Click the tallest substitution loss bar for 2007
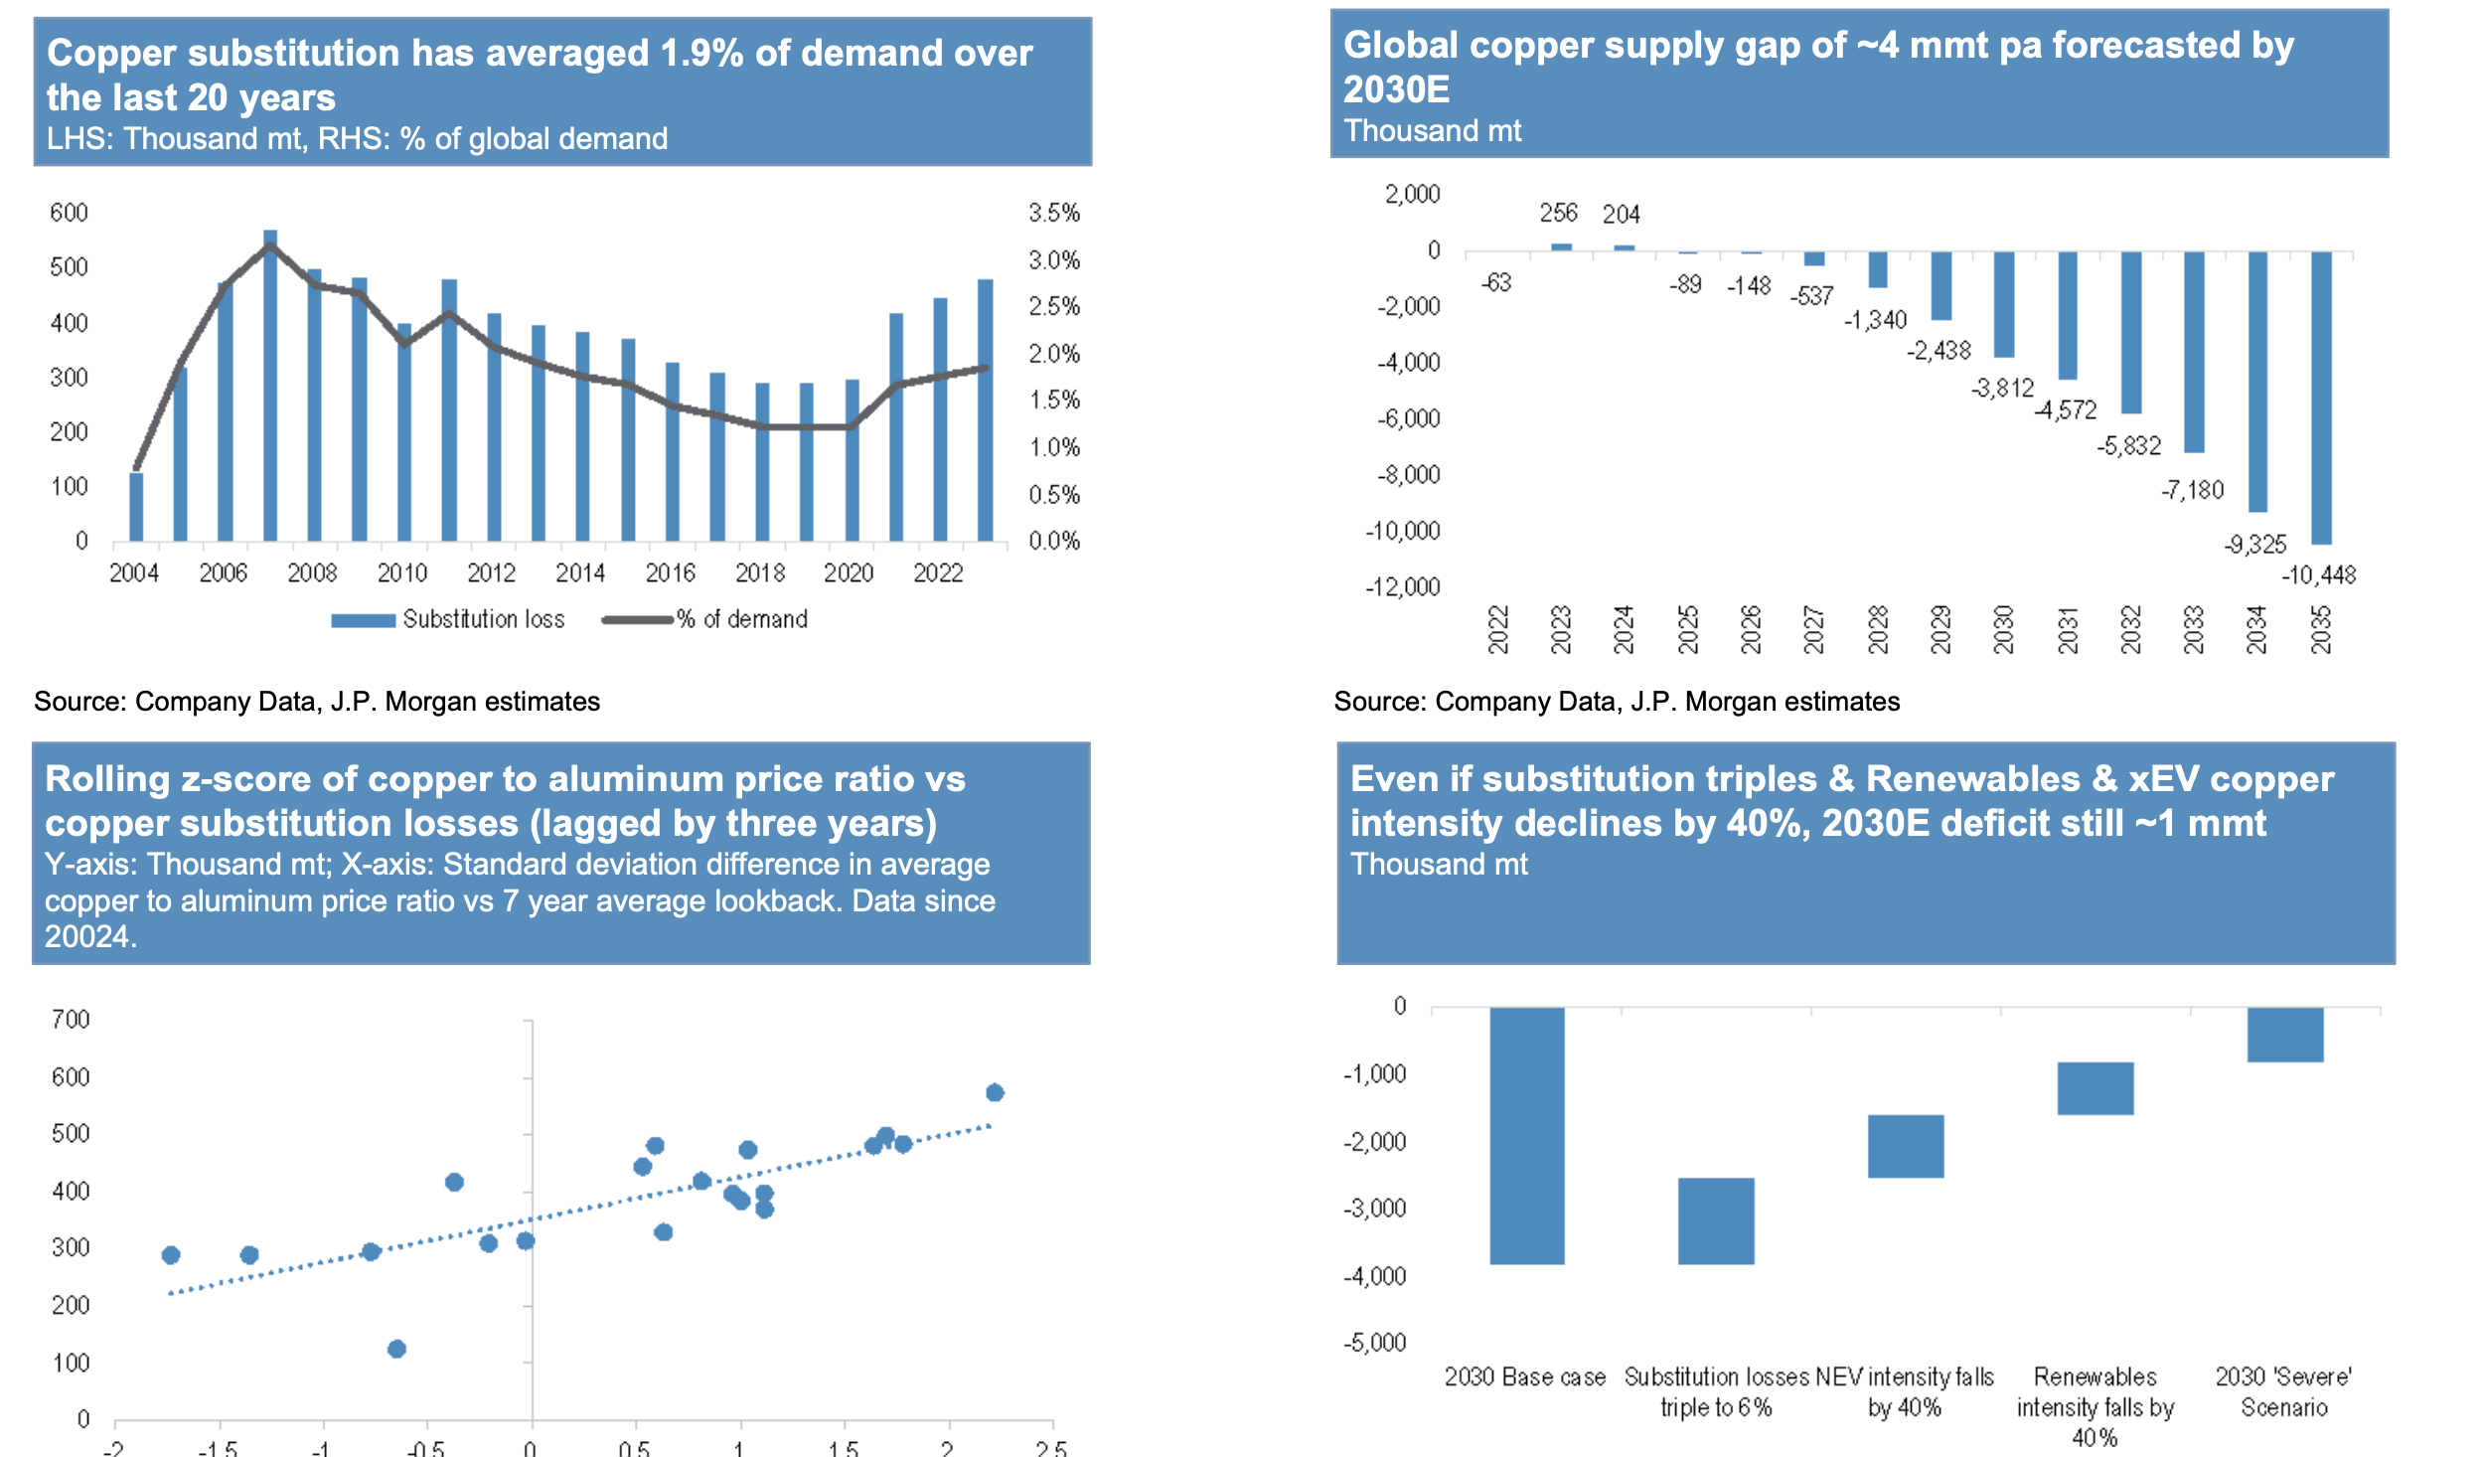tap(270, 388)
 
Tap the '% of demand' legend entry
tap(705, 620)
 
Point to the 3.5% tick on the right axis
tap(1053, 213)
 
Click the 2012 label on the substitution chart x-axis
tap(492, 573)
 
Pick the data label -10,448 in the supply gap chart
tap(2318, 575)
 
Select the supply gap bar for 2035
tap(2321, 398)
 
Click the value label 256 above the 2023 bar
tap(1558, 213)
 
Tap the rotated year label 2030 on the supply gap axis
tap(2004, 629)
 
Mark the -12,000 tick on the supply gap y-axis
tap(1402, 587)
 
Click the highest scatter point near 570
tap(995, 1092)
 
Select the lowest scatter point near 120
tap(396, 1349)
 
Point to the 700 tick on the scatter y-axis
tap(71, 1020)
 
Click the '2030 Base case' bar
tap(1527, 1136)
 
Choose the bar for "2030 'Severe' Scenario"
tap(2285, 1035)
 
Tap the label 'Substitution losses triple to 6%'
tap(1716, 1391)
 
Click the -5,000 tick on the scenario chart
tap(1375, 1344)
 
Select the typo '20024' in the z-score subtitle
tap(86, 936)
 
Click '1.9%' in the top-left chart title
tap(701, 54)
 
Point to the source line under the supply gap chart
tap(1617, 702)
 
